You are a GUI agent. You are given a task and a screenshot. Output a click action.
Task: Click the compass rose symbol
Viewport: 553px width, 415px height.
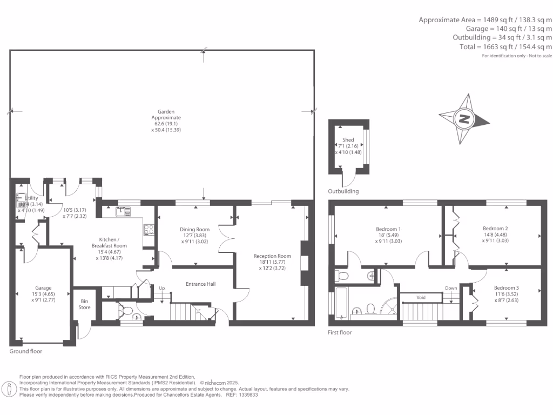point(463,119)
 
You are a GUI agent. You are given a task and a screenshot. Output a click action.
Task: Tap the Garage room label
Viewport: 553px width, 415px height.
point(43,288)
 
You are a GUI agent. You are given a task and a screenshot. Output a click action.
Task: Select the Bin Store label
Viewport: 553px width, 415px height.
point(85,304)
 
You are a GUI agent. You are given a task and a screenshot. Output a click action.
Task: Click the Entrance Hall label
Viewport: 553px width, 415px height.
point(201,284)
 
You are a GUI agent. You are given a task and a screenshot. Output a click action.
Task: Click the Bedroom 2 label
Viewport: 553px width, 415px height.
point(495,228)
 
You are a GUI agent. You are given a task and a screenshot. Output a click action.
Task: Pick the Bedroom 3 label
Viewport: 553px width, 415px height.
point(507,288)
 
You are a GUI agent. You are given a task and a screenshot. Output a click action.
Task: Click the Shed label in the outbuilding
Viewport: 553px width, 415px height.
point(348,140)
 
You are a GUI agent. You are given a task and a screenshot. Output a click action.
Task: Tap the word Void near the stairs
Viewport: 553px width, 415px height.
point(421,297)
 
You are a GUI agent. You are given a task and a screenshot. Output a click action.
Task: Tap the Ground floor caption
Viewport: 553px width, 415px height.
point(26,351)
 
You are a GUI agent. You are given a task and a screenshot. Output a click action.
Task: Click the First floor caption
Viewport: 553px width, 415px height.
point(340,332)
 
